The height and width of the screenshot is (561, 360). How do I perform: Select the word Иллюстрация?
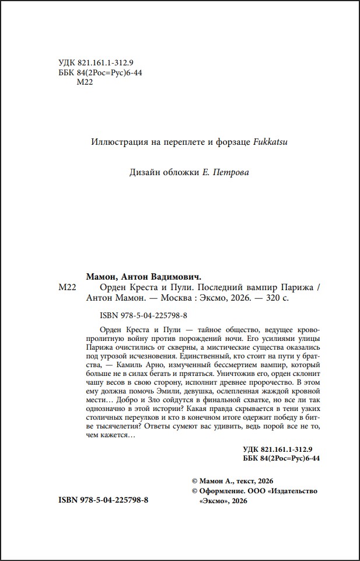[x=116, y=141]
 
